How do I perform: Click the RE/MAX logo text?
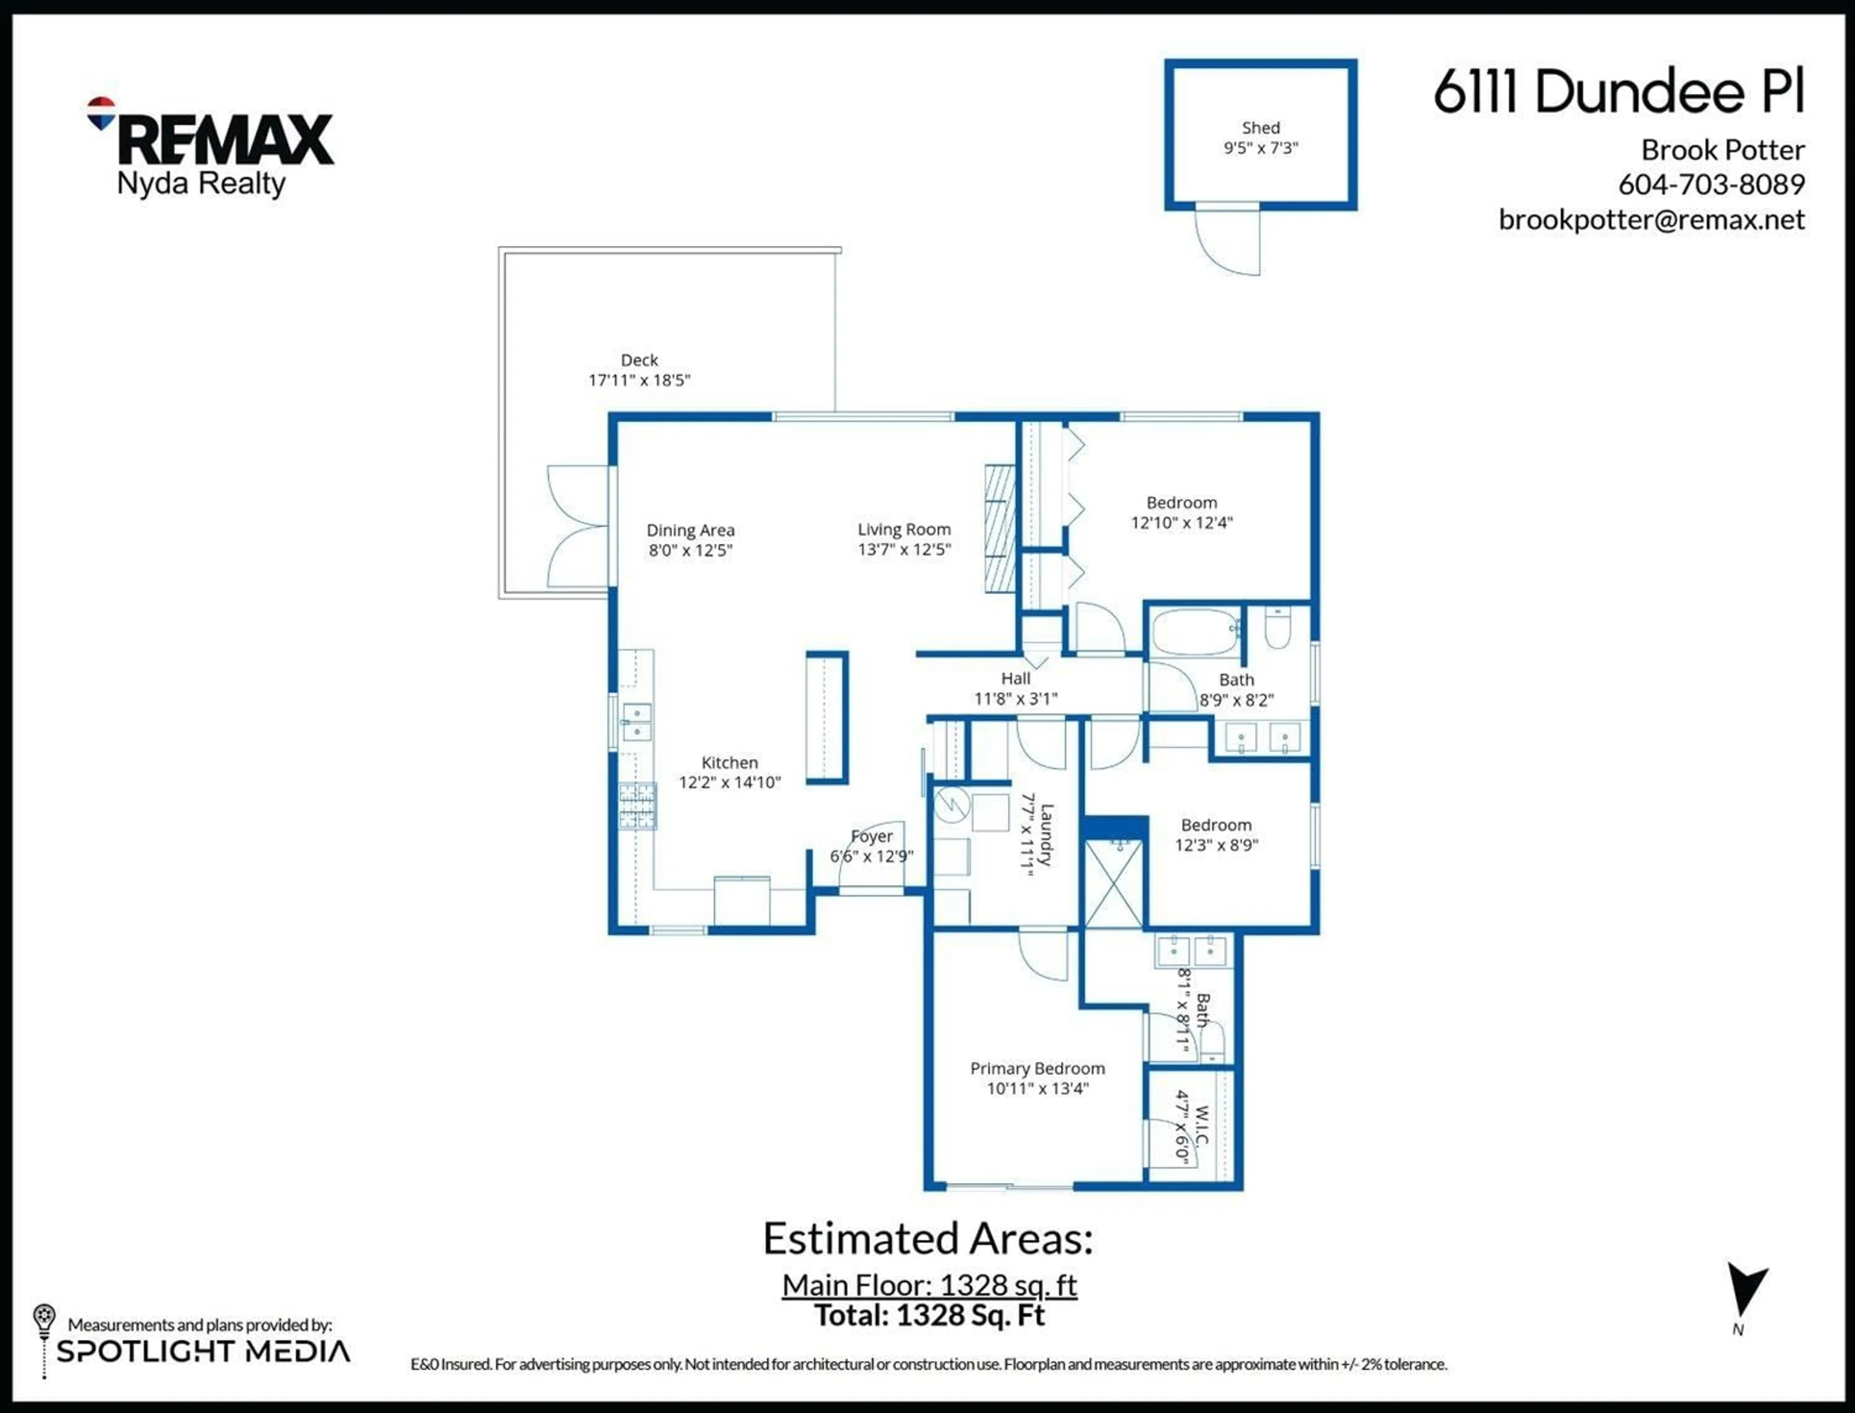click(226, 140)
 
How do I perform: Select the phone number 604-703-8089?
click(1711, 184)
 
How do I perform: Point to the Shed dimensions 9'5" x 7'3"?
click(1260, 148)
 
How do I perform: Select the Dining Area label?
click(690, 530)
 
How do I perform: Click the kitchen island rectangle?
click(826, 718)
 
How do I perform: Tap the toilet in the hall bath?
click(1277, 629)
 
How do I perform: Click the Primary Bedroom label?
click(1037, 1068)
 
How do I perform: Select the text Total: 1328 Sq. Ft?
click(929, 1314)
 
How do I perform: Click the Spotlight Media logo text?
click(203, 1352)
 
